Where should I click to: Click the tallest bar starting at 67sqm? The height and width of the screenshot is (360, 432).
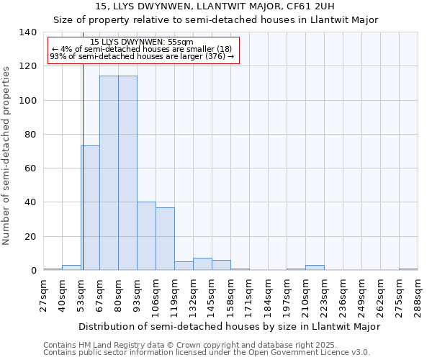pyautogui.click(x=109, y=173)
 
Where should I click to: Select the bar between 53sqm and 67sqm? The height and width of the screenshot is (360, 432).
pyautogui.click(x=90, y=208)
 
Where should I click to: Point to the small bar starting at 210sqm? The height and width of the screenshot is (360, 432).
pyautogui.click(x=315, y=268)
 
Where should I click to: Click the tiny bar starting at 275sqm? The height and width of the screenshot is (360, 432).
pyautogui.click(x=408, y=269)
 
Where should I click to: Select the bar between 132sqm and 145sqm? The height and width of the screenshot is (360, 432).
pyautogui.click(x=202, y=264)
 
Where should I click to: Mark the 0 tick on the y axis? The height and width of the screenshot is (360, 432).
pyautogui.click(x=33, y=271)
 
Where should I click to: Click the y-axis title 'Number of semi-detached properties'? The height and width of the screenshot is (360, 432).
pyautogui.click(x=7, y=155)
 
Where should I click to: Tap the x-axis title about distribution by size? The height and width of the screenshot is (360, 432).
pyautogui.click(x=229, y=326)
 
